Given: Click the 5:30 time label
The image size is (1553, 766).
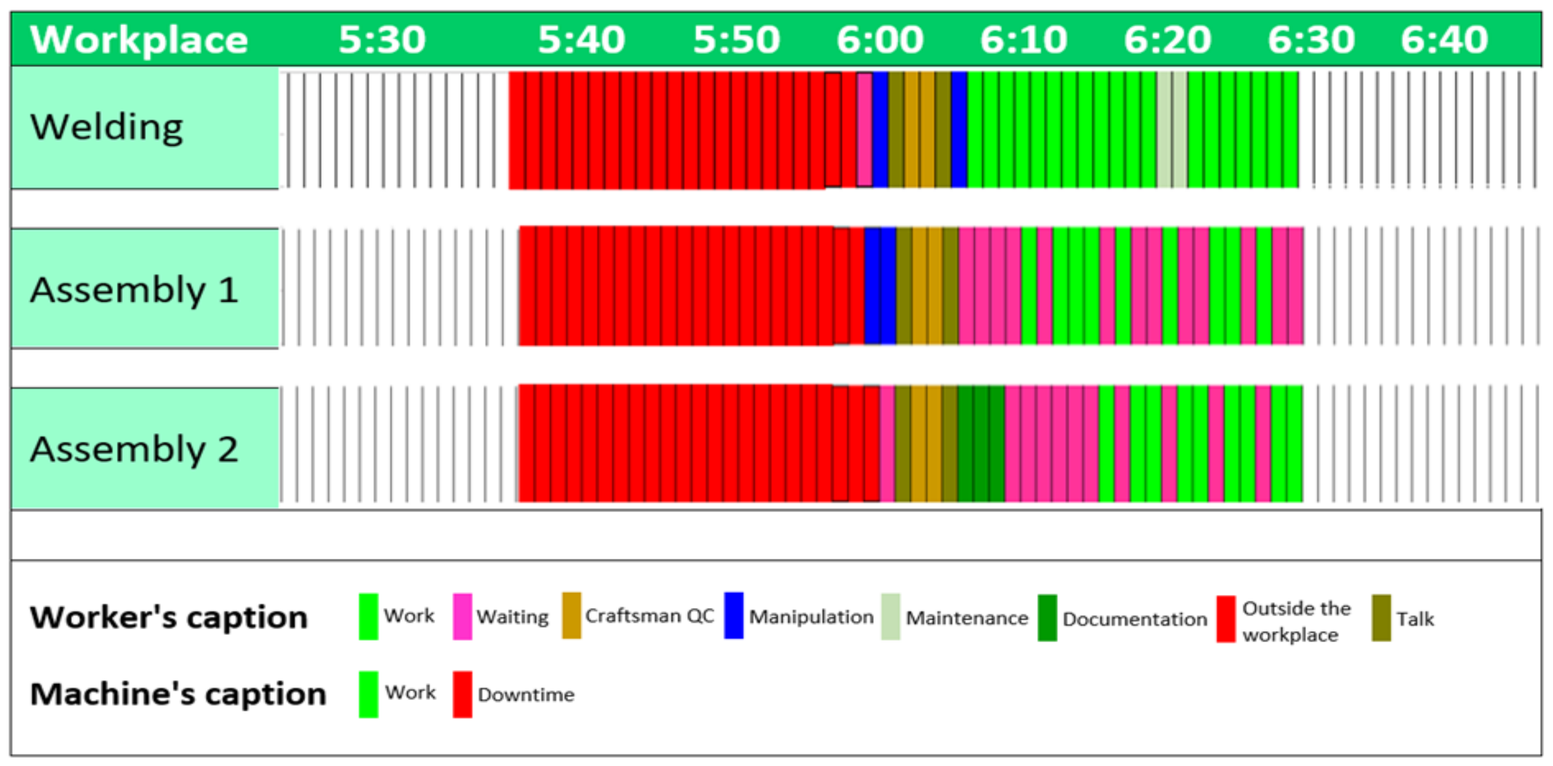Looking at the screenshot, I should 382,40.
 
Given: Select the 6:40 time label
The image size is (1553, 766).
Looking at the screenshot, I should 1444,40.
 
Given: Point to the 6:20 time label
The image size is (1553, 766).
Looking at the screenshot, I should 1167,40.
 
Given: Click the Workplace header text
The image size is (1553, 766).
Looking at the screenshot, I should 139,40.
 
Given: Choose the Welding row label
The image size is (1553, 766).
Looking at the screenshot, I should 107,127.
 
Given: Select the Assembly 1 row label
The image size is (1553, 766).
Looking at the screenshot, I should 134,289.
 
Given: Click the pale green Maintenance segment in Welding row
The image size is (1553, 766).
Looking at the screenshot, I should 1171,129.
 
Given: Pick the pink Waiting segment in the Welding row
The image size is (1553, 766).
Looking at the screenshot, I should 864,129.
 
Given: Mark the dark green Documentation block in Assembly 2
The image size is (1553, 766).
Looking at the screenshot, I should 980,444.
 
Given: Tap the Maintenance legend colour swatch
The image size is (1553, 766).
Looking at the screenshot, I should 890,616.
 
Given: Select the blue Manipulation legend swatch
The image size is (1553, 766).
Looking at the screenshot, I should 733,615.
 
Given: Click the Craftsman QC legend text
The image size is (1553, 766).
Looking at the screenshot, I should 649,616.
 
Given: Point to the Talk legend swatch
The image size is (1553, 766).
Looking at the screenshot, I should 1381,617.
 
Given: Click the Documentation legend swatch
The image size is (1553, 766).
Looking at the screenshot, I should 1047,617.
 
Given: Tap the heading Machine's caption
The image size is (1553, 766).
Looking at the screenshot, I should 178,693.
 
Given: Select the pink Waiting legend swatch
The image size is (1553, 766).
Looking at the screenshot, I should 462,616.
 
